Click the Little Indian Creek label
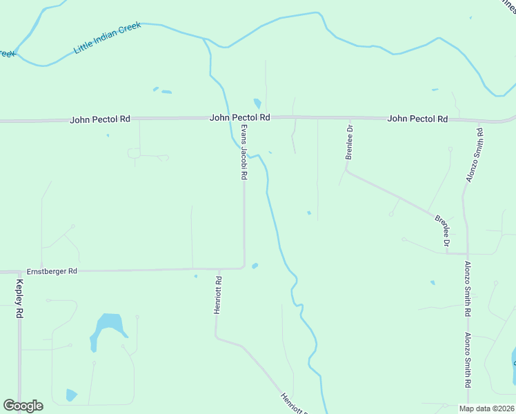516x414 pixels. pyautogui.click(x=107, y=38)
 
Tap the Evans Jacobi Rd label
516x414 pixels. pyautogui.click(x=244, y=152)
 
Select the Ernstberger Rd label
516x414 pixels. pyautogui.click(x=52, y=272)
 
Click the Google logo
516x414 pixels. pyautogui.click(x=23, y=406)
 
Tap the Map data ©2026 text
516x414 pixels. pyautogui.click(x=486, y=408)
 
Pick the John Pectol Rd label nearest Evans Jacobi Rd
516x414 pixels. pyautogui.click(x=239, y=119)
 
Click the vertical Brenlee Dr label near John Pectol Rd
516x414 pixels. pyautogui.click(x=349, y=142)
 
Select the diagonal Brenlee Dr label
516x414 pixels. pyautogui.click(x=443, y=231)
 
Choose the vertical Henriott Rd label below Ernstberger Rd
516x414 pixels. pyautogui.click(x=218, y=295)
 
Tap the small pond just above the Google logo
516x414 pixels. pyautogui.click(x=71, y=395)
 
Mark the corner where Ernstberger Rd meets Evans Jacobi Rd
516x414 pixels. pyautogui.click(x=244, y=267)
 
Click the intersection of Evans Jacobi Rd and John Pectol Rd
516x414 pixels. pyautogui.click(x=243, y=118)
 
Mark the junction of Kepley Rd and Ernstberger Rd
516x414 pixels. pyautogui.click(x=19, y=272)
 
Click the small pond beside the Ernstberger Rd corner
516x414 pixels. pyautogui.click(x=255, y=266)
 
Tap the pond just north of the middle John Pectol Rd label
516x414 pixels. pyautogui.click(x=257, y=103)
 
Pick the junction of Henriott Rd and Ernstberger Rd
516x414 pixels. pyautogui.click(x=217, y=269)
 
